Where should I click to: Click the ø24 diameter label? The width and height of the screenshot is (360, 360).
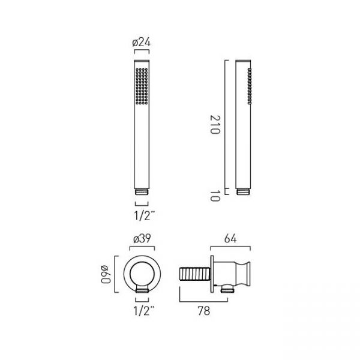[142, 42]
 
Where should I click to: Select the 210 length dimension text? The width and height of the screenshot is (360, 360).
[215, 124]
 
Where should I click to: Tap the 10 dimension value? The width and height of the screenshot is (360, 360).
[215, 196]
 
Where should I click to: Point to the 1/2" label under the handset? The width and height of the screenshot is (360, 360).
[145, 215]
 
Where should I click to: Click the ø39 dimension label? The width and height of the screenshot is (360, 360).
[142, 239]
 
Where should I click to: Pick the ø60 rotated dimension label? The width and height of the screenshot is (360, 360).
[106, 274]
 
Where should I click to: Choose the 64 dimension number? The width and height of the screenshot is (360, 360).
[230, 239]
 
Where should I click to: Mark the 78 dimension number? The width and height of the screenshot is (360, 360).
[203, 311]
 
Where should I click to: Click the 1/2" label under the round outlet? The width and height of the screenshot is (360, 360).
[144, 311]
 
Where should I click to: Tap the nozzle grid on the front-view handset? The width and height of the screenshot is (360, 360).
[142, 86]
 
